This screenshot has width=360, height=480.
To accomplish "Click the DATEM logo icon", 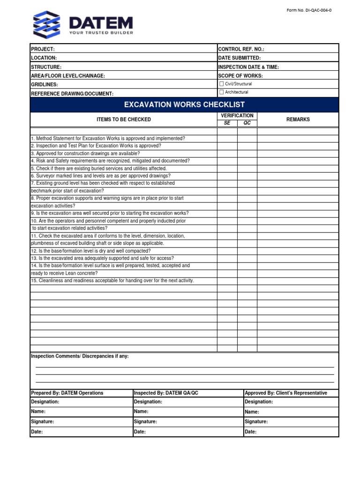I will point(47,24).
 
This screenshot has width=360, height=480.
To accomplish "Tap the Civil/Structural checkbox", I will point(222,84).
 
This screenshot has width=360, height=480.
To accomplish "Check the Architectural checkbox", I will point(222,92).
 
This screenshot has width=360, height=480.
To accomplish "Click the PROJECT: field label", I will point(43,49).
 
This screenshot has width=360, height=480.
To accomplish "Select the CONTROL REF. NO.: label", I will point(241,49).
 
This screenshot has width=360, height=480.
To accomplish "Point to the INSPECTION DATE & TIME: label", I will point(248,67).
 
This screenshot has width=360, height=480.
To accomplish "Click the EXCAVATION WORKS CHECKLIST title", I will point(184,105).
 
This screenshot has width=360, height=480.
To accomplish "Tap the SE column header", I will point(227,123).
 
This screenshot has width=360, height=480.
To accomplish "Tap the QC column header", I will point(247,123).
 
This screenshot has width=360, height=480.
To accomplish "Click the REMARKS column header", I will point(298,120).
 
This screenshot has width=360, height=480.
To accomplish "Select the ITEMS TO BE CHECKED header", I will point(124,120).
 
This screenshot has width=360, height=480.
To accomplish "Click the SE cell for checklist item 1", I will point(227,139).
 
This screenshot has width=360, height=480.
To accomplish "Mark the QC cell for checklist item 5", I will point(247,168).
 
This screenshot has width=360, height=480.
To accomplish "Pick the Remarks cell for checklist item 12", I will point(298,251).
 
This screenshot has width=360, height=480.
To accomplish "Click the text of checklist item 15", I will point(112,281).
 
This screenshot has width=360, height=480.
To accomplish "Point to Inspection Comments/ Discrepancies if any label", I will point(80,356).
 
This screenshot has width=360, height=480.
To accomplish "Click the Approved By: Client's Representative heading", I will point(286,393).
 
